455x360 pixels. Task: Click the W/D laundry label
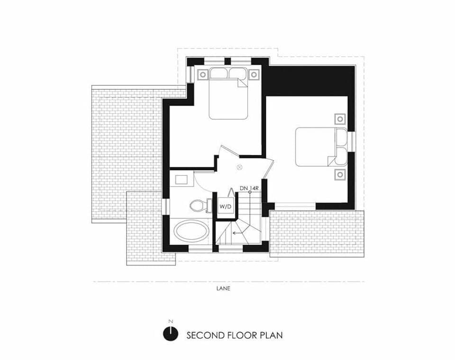(225, 207)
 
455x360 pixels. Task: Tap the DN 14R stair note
(249, 189)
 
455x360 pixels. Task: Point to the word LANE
(224, 288)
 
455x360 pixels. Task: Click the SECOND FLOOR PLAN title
(235, 335)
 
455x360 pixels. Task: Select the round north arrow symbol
(171, 334)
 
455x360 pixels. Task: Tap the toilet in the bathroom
(199, 205)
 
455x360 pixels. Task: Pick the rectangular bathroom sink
(182, 179)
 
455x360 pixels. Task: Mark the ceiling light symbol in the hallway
(239, 166)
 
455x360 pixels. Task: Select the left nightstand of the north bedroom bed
(202, 74)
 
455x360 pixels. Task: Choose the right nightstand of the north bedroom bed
(254, 74)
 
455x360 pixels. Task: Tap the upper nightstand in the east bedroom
(340, 118)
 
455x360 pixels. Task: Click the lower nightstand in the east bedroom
(340, 174)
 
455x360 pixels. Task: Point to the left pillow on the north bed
(219, 73)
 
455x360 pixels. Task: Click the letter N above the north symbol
(171, 322)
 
